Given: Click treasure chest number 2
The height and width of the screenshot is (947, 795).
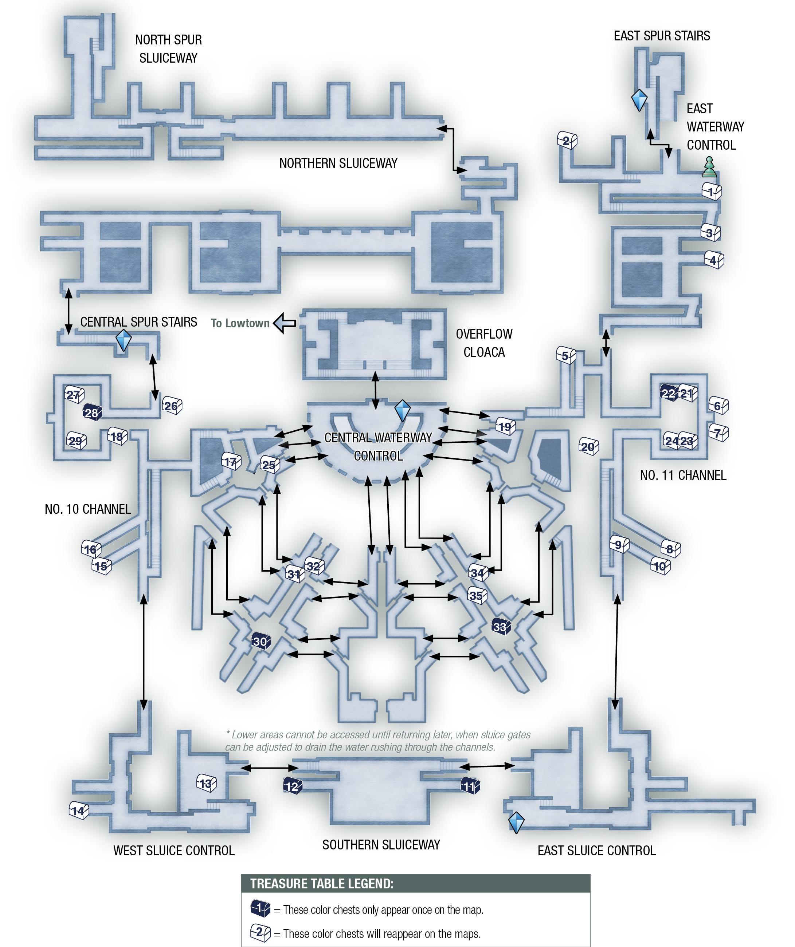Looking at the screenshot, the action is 567,140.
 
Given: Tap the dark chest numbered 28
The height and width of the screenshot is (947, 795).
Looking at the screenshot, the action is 93,412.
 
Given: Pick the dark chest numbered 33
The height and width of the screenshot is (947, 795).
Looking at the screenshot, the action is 501,626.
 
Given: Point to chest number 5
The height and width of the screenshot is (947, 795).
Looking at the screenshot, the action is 566,355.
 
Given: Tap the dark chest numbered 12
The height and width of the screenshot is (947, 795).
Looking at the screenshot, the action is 293,786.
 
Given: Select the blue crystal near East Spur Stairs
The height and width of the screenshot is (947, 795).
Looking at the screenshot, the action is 639,100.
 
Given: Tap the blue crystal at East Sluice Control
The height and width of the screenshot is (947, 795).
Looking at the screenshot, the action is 516,822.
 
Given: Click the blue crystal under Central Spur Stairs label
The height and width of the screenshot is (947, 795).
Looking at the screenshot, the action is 124,340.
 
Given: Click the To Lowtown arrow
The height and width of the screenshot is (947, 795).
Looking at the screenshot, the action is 285,323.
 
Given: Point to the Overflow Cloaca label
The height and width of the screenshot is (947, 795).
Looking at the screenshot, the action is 484,343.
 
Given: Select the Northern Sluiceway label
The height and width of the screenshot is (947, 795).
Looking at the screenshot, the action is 338,163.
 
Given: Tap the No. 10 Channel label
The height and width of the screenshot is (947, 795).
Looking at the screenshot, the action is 88,509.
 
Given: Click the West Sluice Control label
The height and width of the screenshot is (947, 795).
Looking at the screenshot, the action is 174,851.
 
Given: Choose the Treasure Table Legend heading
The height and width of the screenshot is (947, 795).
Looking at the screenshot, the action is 322,883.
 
